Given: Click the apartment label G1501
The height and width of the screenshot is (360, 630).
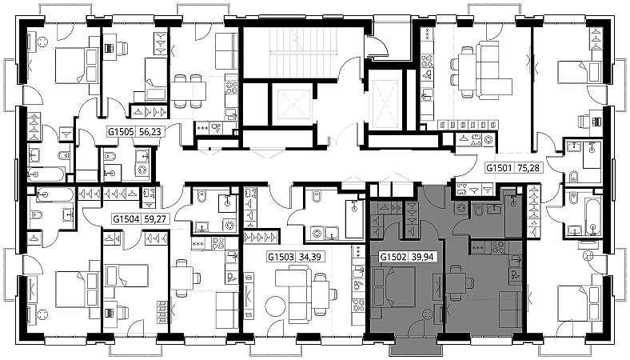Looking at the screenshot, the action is click(x=499, y=167).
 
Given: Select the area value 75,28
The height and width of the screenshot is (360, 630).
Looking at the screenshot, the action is click(x=528, y=167).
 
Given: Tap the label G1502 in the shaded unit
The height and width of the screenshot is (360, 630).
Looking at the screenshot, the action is click(x=393, y=257).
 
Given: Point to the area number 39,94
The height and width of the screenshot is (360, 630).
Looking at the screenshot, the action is click(x=422, y=257).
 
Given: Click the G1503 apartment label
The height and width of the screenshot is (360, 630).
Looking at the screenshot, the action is click(x=281, y=257).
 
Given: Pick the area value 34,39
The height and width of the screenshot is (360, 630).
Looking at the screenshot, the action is click(x=310, y=257).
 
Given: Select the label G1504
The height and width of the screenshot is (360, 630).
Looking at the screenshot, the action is click(x=126, y=219).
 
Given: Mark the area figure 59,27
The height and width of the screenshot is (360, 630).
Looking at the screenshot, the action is click(x=155, y=219).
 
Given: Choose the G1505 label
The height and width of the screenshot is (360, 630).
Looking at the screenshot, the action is click(x=121, y=131).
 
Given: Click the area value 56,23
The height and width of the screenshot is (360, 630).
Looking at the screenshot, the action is click(x=150, y=131).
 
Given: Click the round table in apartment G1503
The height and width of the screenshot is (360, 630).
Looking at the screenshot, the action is click(x=275, y=307).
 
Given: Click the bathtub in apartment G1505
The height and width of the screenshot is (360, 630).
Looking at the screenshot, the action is click(x=46, y=174).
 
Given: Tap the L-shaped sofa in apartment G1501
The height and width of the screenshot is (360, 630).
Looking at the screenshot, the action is click(x=489, y=69).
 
